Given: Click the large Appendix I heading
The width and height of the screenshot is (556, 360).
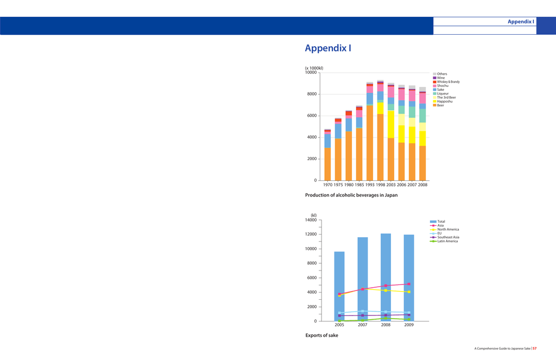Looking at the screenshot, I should coord(328,48).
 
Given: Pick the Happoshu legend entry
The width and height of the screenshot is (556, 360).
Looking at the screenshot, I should coord(445,102).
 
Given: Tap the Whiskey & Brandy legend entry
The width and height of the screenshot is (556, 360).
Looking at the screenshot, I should coord(448,82).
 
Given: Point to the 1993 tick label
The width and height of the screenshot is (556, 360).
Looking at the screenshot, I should coord(370,185).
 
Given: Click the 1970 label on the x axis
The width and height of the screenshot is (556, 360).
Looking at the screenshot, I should coord(328,185).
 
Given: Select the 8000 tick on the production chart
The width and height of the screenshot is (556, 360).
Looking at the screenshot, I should coord(311,94).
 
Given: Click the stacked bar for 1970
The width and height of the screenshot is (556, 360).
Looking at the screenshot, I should coord(327,155).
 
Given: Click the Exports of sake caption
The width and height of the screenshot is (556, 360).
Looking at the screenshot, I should coord(321,336).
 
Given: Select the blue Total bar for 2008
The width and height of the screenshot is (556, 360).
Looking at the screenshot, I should coord(386,277).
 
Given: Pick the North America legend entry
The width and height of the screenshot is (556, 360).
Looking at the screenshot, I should coord(448,230).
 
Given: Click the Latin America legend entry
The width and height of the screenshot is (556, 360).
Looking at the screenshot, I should coord(447,241).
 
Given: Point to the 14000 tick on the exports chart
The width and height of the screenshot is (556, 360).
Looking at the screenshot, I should coord(311,220).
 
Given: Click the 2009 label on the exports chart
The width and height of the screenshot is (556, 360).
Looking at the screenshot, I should coord(409,325).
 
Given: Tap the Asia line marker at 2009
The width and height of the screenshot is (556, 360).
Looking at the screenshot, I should coord(409,284).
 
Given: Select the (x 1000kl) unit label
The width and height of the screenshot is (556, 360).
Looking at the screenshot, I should coord(314,68).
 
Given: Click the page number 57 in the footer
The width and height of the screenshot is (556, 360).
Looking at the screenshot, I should coord(535,348).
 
